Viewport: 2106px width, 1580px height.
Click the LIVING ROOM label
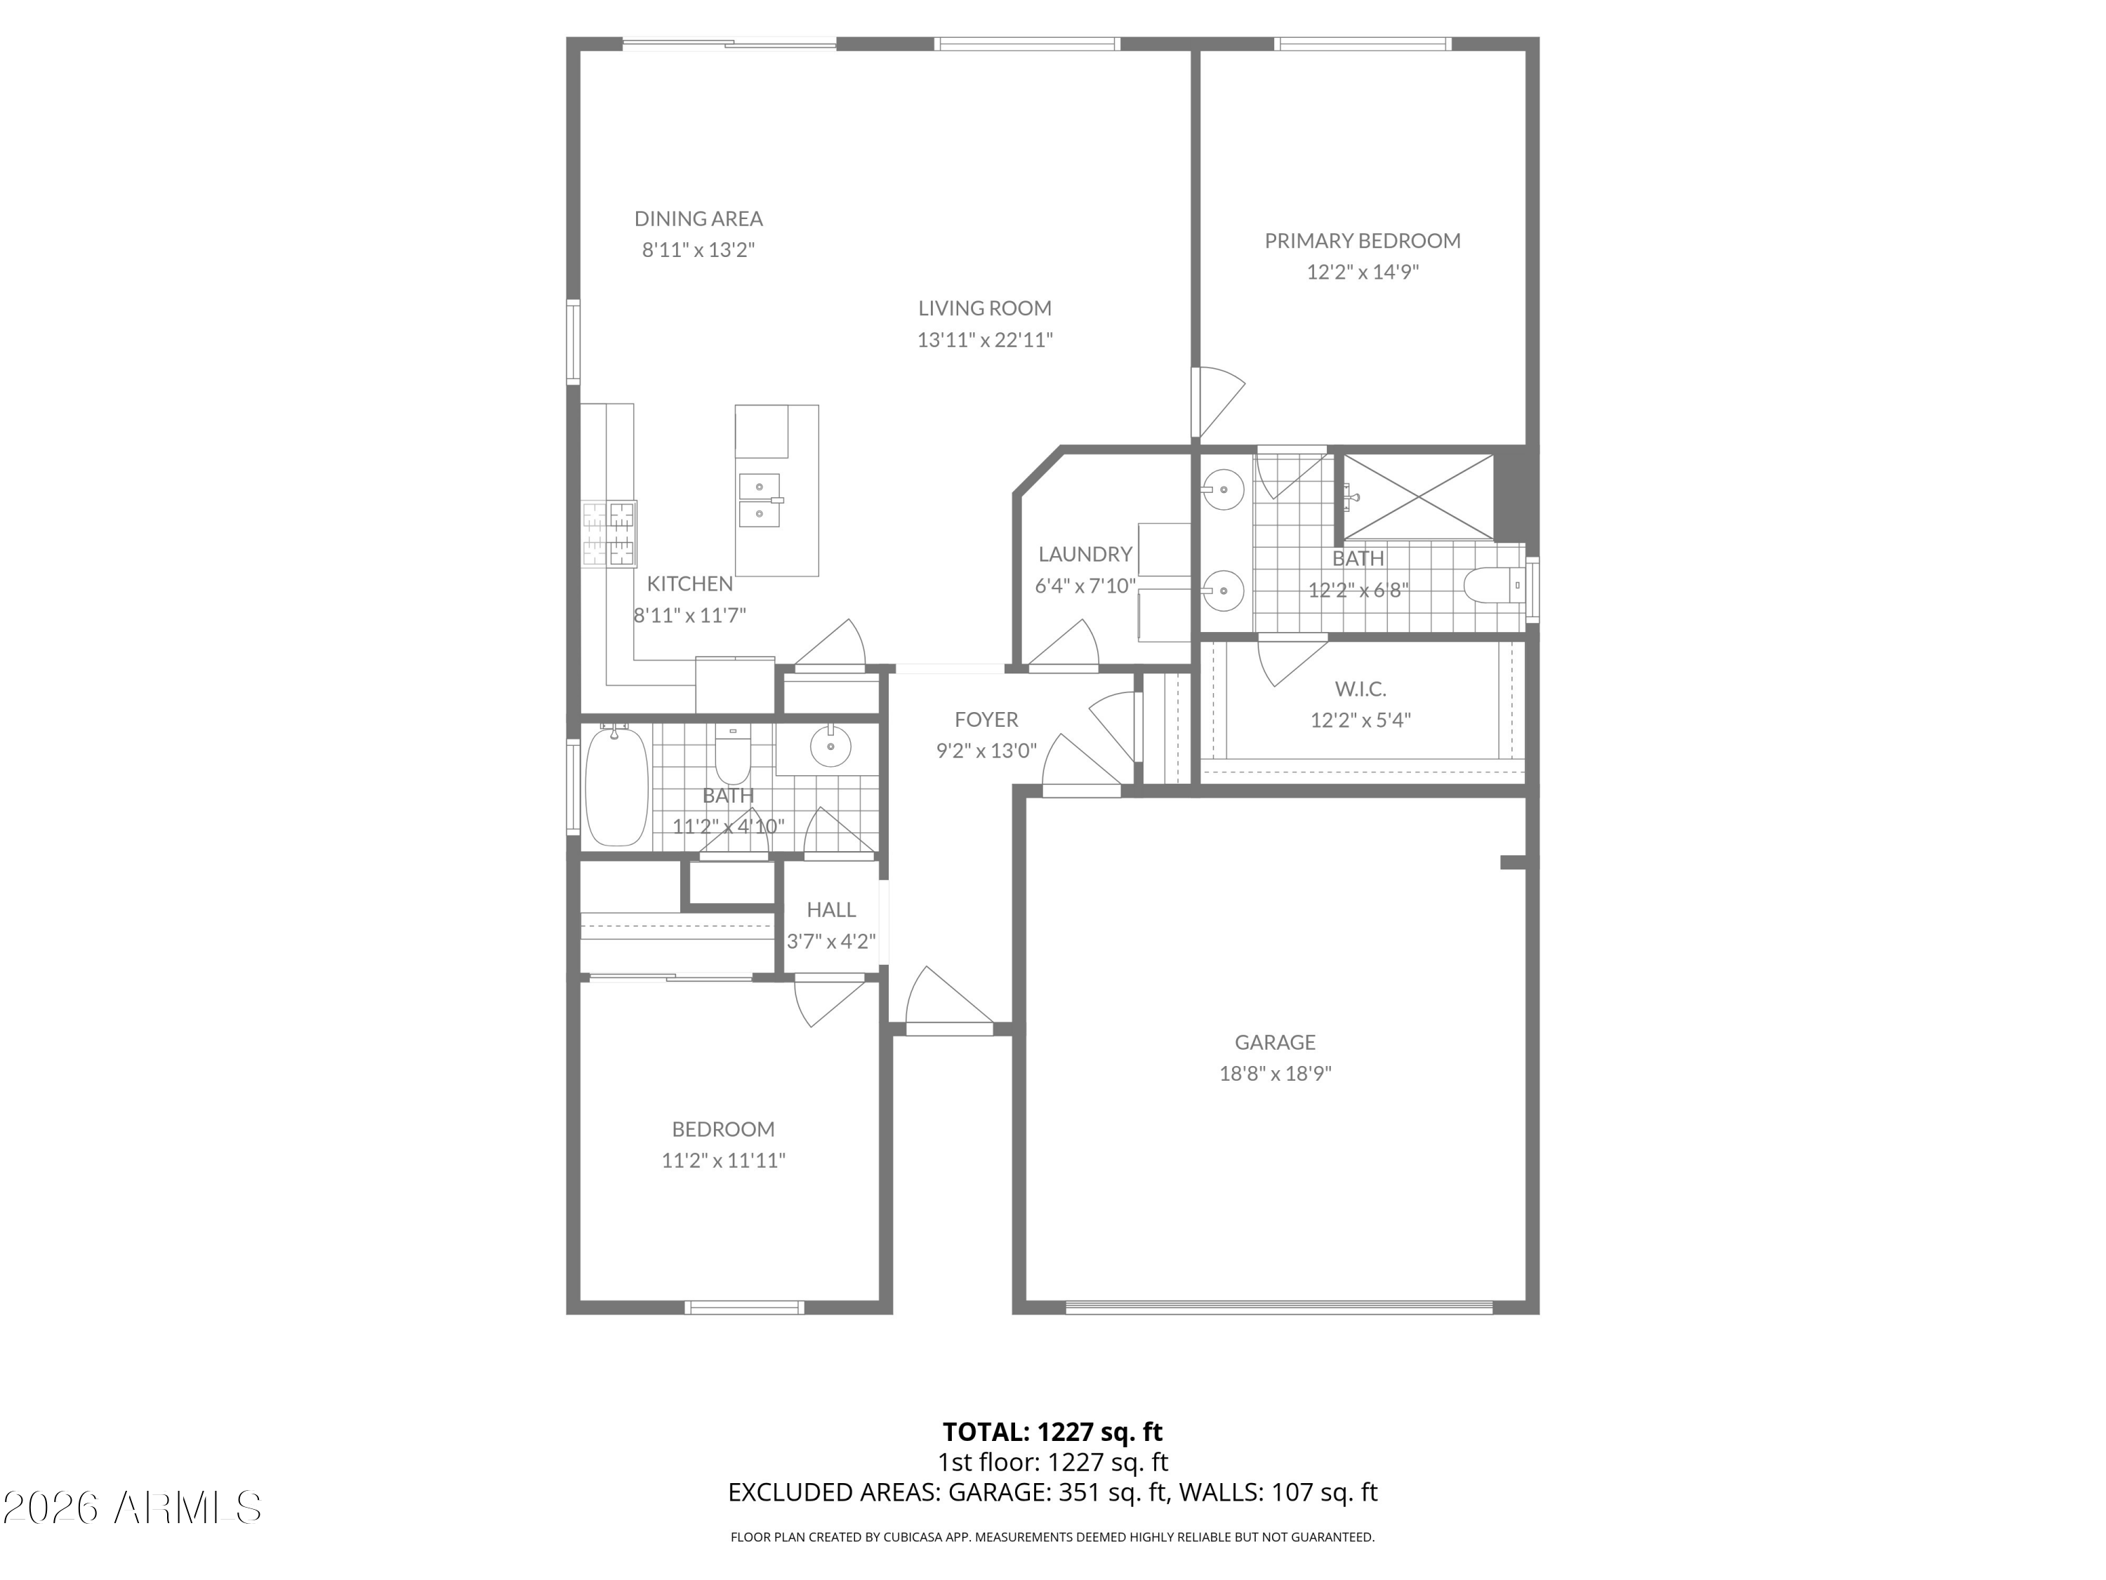tap(984, 308)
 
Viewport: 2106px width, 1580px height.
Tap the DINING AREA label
tap(698, 219)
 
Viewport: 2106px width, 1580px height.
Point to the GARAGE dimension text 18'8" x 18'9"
tap(1275, 1073)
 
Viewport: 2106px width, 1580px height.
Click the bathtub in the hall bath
tap(616, 786)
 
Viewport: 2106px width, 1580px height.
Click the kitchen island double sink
tap(760, 500)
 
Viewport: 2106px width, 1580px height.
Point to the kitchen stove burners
tap(609, 534)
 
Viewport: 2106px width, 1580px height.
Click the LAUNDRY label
tap(1085, 554)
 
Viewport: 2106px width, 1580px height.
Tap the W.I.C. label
tap(1360, 689)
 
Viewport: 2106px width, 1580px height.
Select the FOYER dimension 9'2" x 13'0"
tap(986, 751)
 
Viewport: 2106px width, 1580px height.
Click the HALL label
tap(831, 909)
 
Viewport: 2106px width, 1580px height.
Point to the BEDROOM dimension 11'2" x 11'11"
tap(724, 1160)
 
